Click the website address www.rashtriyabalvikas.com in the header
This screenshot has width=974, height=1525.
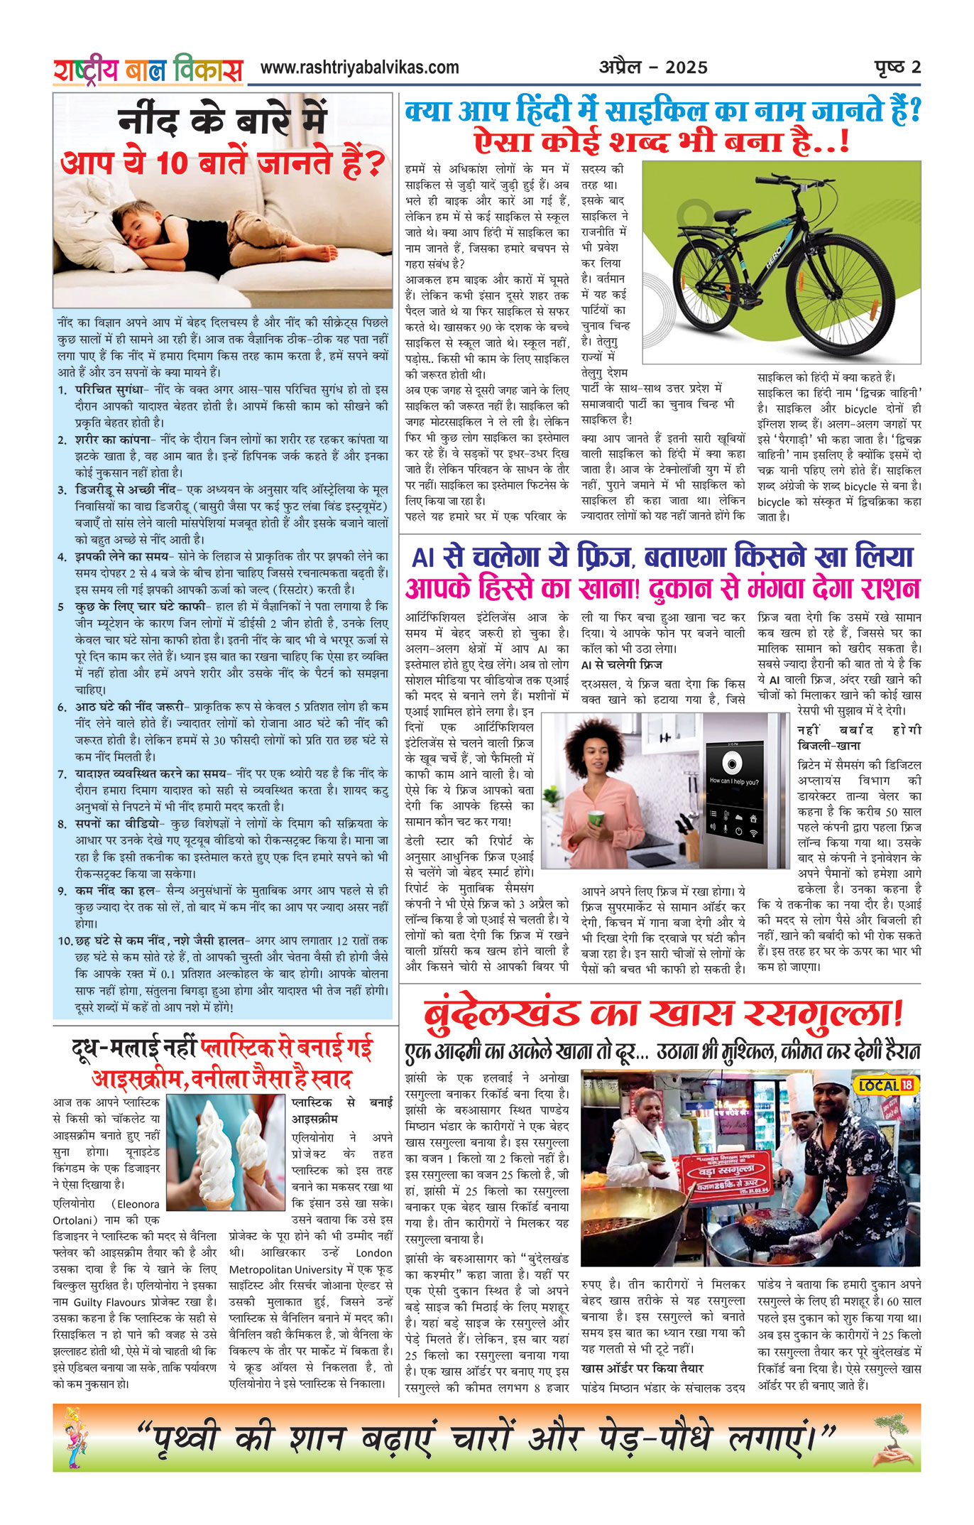click(359, 67)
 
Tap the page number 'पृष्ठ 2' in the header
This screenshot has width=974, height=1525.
click(897, 67)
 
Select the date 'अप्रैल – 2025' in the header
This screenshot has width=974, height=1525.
click(653, 67)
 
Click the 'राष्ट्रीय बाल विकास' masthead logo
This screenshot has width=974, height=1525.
click(148, 70)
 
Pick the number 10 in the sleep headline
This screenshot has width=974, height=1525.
click(172, 165)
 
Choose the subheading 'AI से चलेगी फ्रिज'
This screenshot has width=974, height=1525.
click(621, 665)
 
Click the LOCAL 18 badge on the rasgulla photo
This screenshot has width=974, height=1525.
click(887, 1085)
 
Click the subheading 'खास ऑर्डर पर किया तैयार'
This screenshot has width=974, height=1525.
click(642, 1368)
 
